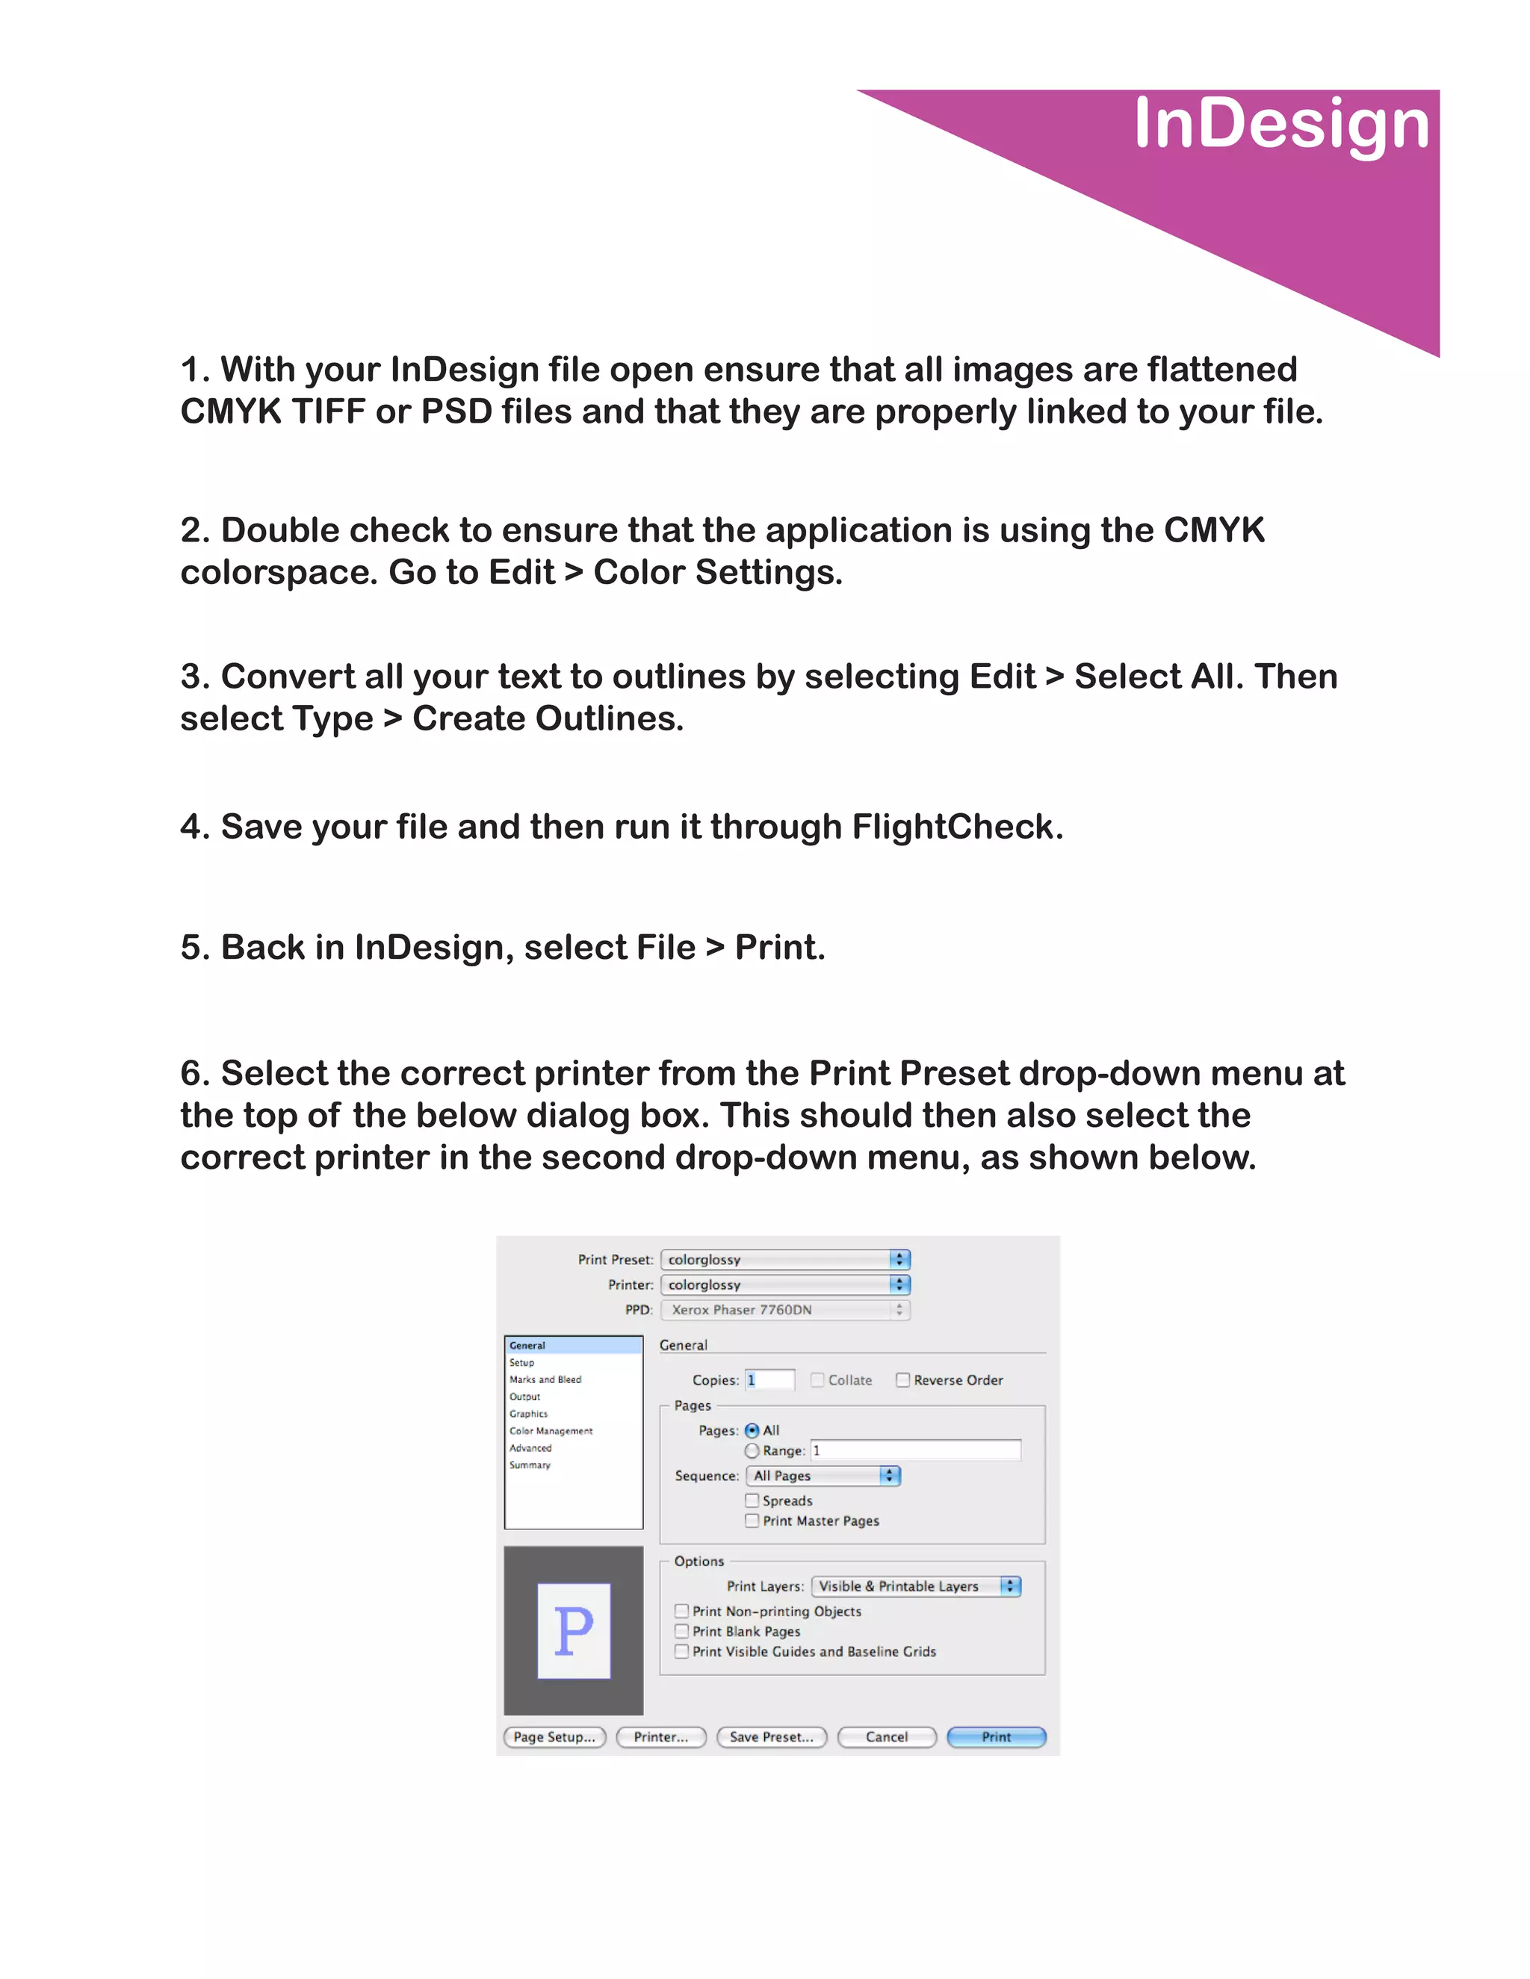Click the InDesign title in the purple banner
point(1280,124)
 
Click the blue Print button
point(995,1736)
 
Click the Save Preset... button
point(771,1736)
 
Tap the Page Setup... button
point(554,1736)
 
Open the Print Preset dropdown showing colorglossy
point(785,1260)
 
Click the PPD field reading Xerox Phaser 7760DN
point(785,1309)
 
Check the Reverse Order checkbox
point(902,1380)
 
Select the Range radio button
point(752,1451)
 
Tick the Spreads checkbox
point(752,1500)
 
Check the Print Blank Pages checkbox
point(681,1631)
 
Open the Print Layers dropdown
point(915,1585)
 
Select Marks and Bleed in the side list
point(545,1379)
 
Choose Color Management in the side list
point(550,1431)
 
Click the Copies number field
point(770,1380)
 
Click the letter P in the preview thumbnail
point(573,1631)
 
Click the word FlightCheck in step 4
point(956,827)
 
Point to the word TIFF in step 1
point(329,412)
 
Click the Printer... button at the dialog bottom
point(660,1736)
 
